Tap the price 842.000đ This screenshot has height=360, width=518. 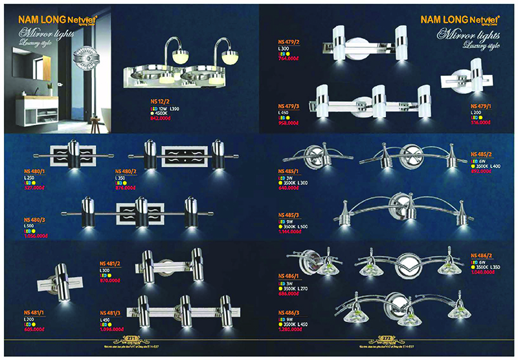coord(159,119)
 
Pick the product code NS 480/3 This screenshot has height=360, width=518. coord(32,219)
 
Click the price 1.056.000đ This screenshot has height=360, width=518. coord(34,237)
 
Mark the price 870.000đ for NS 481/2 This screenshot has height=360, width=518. coord(111,281)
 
